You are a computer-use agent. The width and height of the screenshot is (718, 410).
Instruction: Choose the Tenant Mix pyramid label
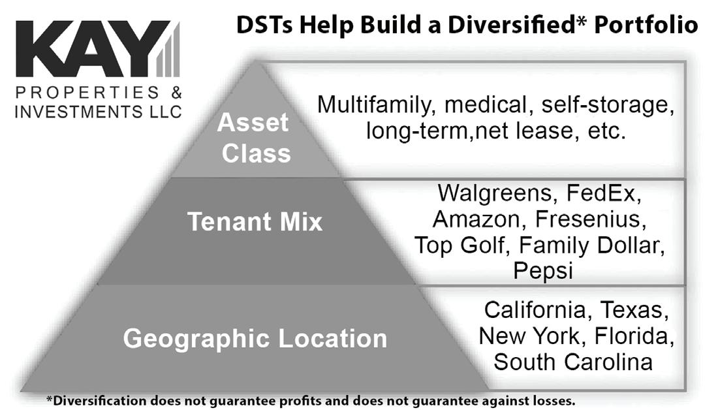click(x=255, y=222)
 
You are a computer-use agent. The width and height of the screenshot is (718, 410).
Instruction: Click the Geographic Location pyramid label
click(x=255, y=339)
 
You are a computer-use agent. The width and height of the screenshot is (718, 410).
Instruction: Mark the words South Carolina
click(x=573, y=362)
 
